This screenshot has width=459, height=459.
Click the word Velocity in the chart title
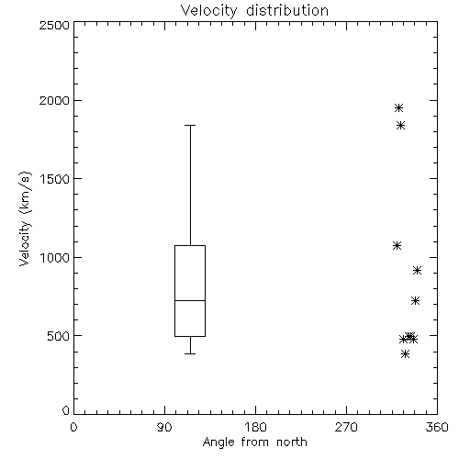tap(208, 11)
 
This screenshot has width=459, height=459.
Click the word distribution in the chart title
tap(287, 10)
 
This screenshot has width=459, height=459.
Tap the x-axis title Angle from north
tap(255, 442)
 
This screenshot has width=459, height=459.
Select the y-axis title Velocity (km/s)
tap(25, 218)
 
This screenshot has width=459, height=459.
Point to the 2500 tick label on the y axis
tap(54, 25)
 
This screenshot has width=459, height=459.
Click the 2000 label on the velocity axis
tap(54, 100)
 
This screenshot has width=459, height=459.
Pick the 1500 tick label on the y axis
tap(55, 179)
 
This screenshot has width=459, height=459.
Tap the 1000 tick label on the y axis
tap(55, 257)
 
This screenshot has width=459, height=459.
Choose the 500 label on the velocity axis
tap(59, 336)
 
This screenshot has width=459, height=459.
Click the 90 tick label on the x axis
tap(164, 427)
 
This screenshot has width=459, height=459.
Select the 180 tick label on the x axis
tap(255, 427)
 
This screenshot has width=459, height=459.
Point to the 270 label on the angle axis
tap(346, 427)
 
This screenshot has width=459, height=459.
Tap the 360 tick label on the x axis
tap(437, 427)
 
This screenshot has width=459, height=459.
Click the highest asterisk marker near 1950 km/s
tap(398, 107)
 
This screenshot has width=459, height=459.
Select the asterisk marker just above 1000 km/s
tap(397, 245)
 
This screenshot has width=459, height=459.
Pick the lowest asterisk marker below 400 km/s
tap(405, 354)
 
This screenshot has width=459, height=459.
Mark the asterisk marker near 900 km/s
tap(417, 270)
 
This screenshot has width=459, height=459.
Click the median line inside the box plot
tap(190, 300)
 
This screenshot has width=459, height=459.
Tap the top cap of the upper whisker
tap(190, 125)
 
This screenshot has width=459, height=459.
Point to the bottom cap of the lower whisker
tap(190, 353)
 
